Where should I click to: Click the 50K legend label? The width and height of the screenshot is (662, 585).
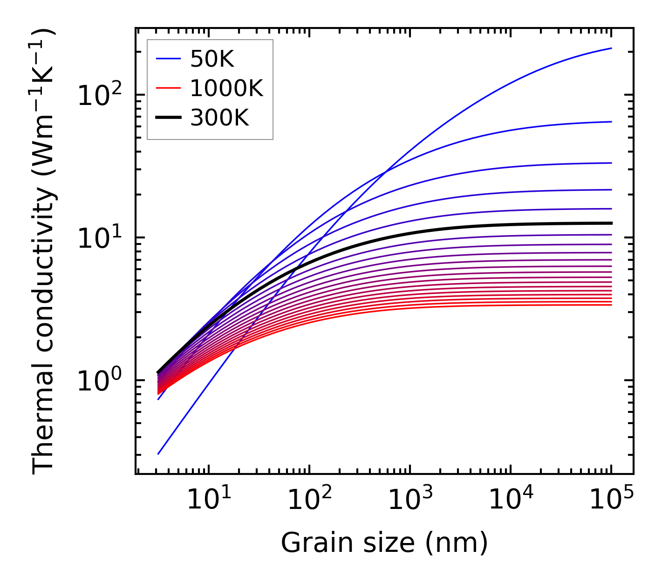[x=212, y=59]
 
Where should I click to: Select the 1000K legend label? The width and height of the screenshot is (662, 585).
[x=226, y=88]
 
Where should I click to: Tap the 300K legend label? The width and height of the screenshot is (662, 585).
[x=219, y=118]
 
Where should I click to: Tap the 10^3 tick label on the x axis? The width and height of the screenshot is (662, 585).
[x=409, y=500]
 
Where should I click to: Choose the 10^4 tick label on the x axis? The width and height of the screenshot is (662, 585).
[x=511, y=500]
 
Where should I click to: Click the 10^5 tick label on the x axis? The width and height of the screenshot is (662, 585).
[x=611, y=500]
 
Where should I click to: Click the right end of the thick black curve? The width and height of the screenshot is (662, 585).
[x=611, y=223]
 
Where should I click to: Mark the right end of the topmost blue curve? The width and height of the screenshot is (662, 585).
[x=611, y=48]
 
